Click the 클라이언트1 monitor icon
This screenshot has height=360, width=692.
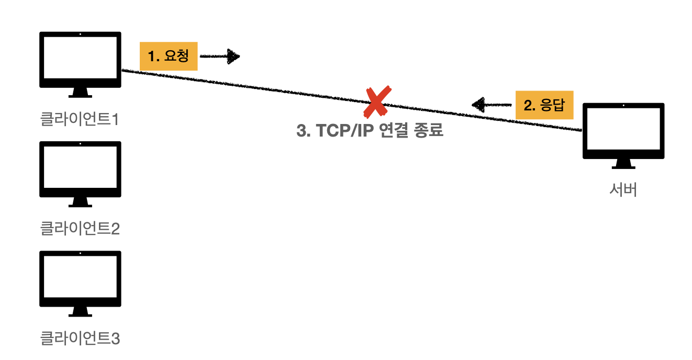click(80, 60)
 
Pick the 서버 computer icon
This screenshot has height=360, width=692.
click(623, 131)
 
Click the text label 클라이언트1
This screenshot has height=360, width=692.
click(80, 120)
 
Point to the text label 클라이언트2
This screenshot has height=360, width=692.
click(80, 229)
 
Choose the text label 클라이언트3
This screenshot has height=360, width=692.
click(80, 338)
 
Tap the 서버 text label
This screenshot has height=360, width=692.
click(623, 189)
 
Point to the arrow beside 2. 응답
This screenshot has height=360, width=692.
click(492, 105)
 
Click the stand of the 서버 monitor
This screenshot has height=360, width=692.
click(623, 164)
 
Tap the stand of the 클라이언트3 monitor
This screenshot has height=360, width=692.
click(80, 312)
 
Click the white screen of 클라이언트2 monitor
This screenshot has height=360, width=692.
click(80, 167)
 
